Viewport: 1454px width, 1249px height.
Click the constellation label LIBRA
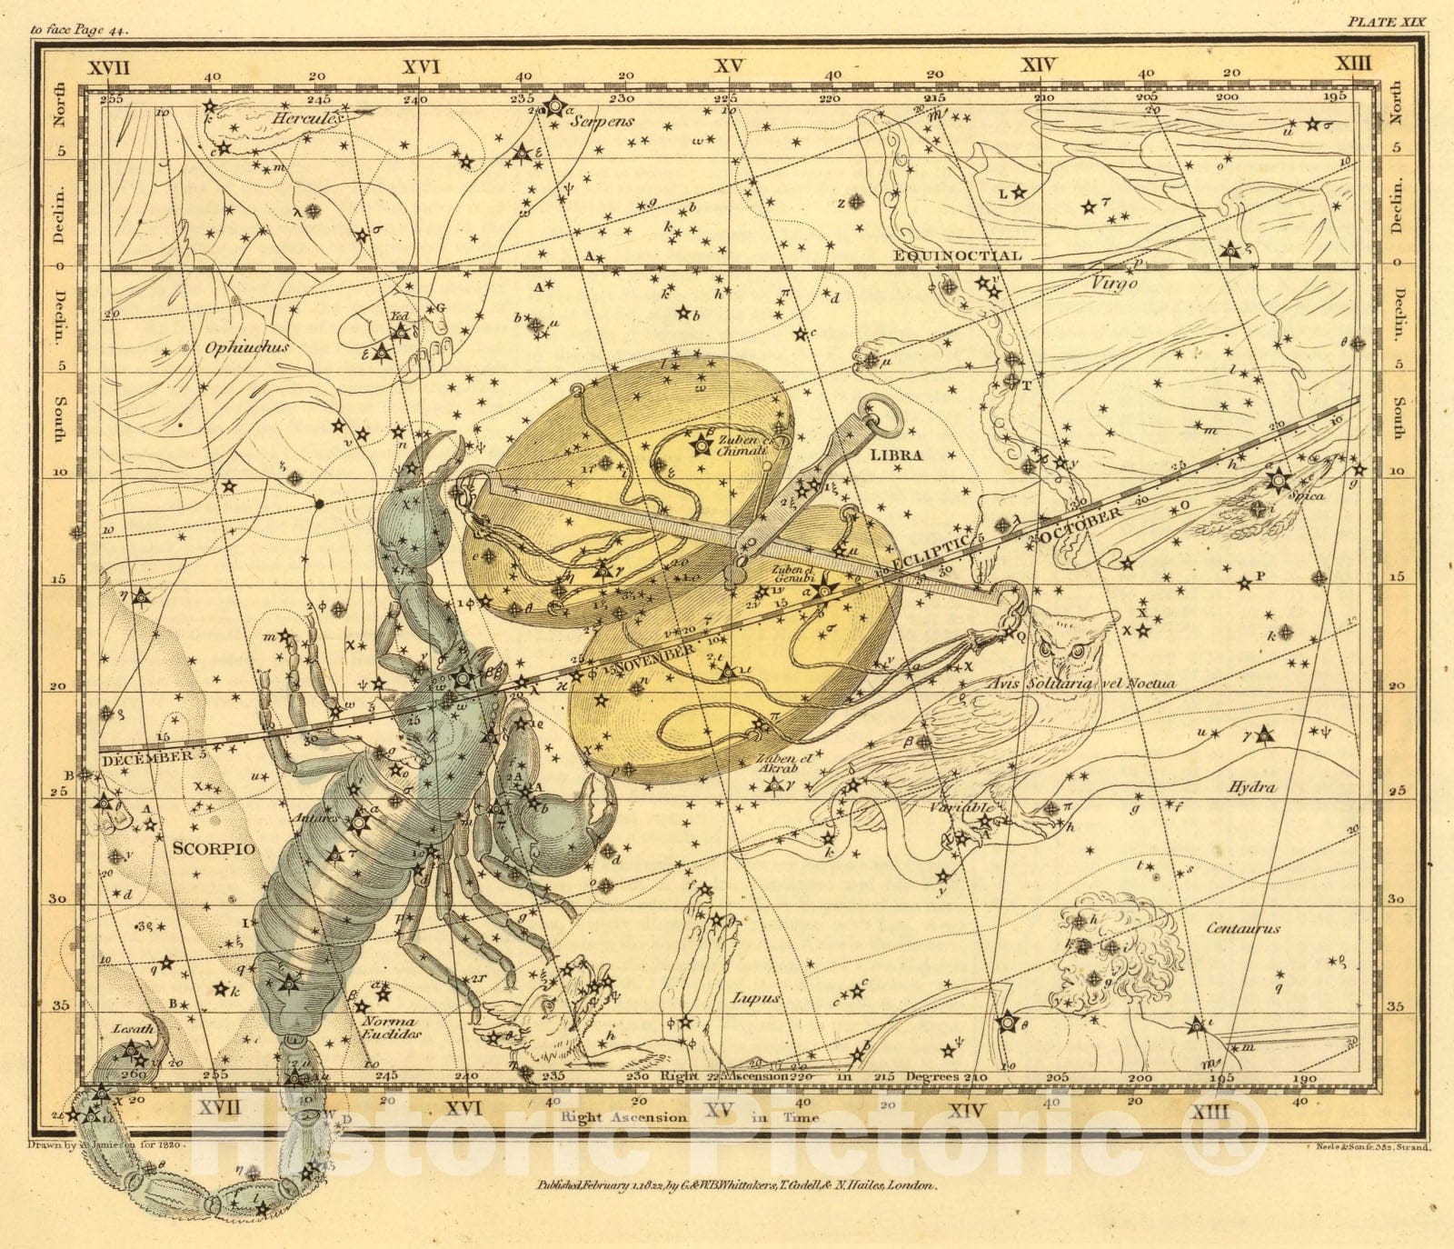click(x=895, y=455)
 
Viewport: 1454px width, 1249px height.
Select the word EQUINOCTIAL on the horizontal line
click(x=958, y=255)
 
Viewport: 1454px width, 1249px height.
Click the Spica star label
click(x=1306, y=495)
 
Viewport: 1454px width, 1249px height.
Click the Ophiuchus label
click(x=234, y=347)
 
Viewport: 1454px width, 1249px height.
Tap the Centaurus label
click(x=1243, y=928)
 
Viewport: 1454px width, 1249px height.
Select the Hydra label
click(x=1252, y=787)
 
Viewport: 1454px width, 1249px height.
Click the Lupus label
click(x=756, y=998)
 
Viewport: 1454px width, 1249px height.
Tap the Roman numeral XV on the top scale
click(x=728, y=65)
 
